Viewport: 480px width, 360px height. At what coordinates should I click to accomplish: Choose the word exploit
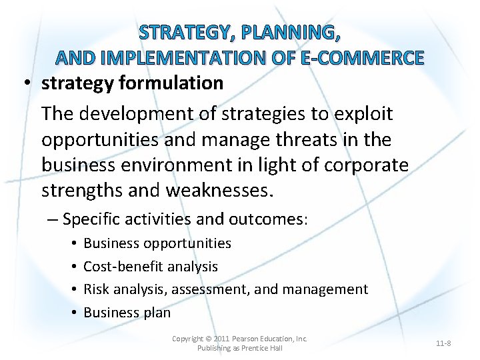point(361,113)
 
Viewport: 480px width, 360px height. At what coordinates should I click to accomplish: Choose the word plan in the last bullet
point(158,313)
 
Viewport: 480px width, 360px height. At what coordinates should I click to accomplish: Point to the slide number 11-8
point(443,343)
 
